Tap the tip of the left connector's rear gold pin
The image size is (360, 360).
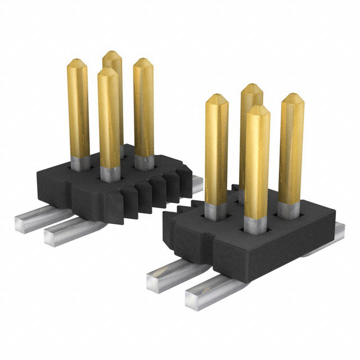pyautogui.click(x=112, y=54)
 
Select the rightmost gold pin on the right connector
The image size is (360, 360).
pyautogui.click(x=291, y=146)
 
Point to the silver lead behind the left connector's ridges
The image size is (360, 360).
pyautogui.click(x=196, y=180)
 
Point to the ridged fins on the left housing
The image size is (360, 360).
pyautogui.click(x=149, y=194)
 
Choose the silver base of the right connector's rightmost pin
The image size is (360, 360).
pyautogui.click(x=290, y=209)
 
